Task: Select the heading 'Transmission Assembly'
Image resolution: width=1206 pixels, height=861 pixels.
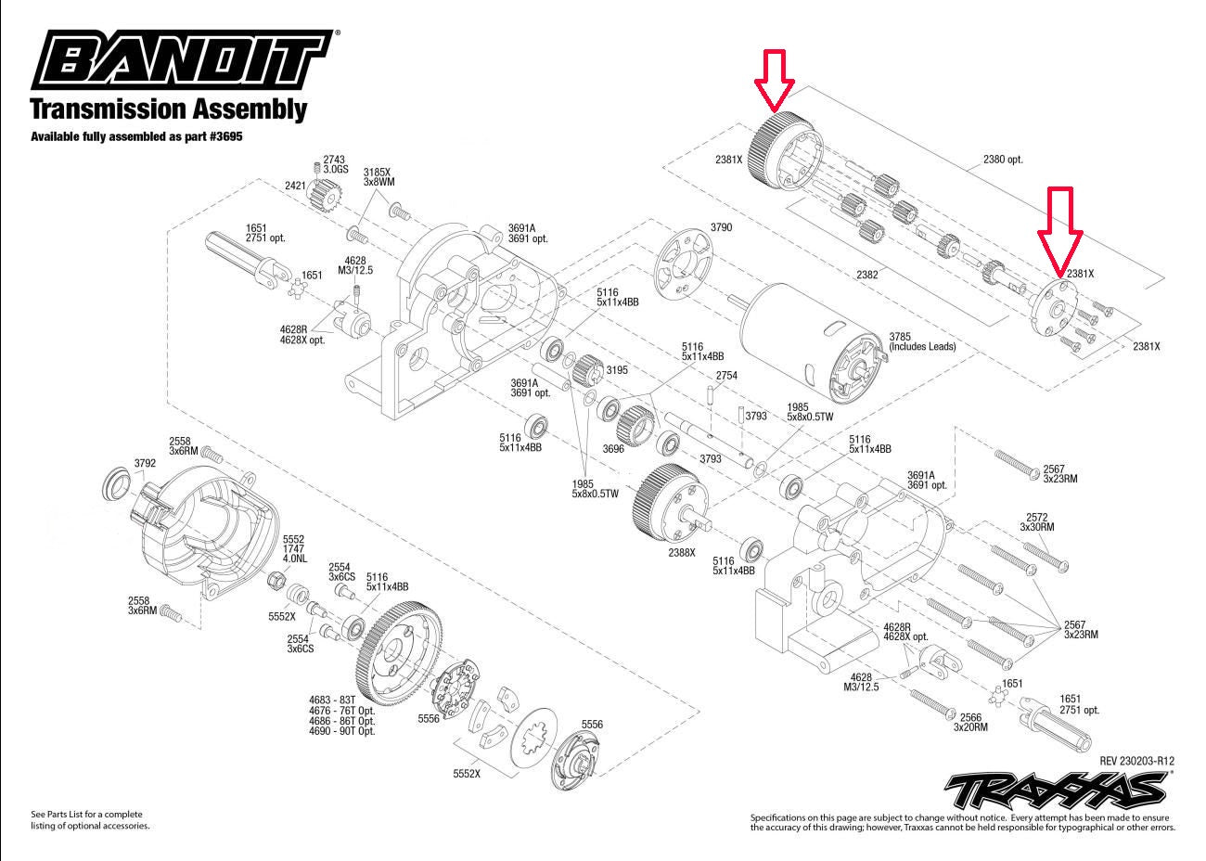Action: click(x=168, y=109)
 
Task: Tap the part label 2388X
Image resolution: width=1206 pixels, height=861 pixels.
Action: click(x=681, y=553)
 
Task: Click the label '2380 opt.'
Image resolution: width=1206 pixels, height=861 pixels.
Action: click(x=1003, y=160)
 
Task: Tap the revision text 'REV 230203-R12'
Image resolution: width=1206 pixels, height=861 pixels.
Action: click(x=1143, y=761)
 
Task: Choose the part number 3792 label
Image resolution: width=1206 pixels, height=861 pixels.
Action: click(x=144, y=461)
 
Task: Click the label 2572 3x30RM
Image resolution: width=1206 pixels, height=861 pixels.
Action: click(x=1037, y=521)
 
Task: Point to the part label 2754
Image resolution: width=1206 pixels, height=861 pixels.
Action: click(x=725, y=375)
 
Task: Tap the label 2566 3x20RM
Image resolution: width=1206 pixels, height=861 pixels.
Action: click(x=970, y=722)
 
